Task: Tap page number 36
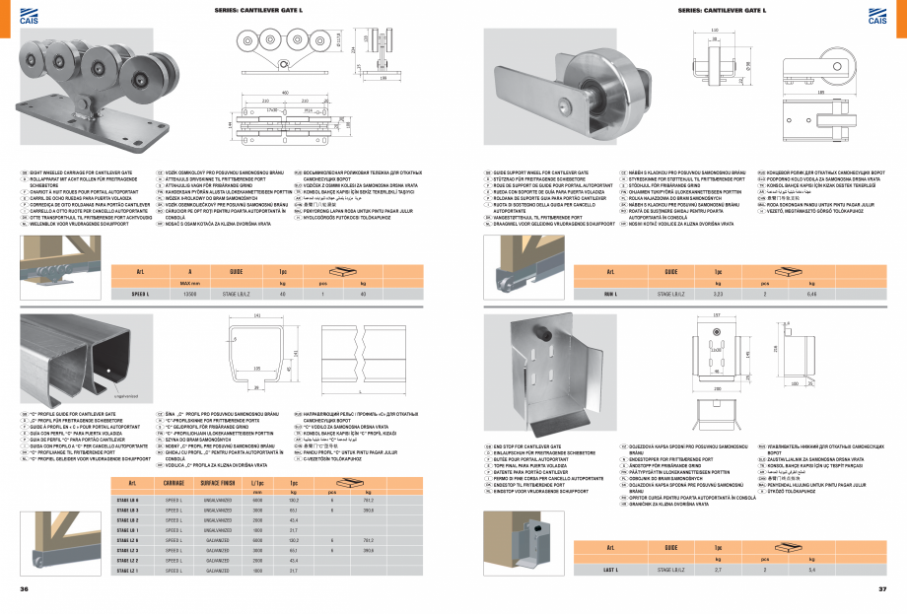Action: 24,589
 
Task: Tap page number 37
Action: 883,589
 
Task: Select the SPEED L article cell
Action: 140,293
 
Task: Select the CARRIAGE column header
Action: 174,483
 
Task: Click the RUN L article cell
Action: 610,293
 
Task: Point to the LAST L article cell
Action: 610,569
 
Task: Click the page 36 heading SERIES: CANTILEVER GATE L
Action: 251,11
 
